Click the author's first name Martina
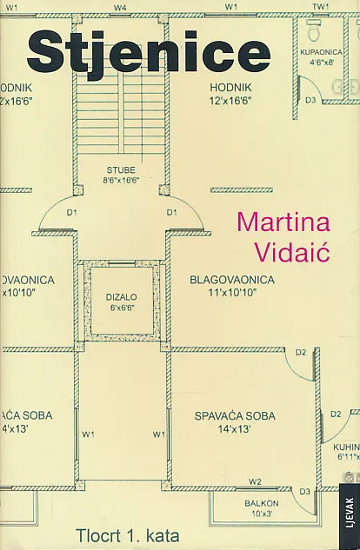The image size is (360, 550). click(x=283, y=222)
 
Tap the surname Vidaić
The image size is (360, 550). click(x=292, y=251)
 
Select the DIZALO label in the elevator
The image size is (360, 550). click(x=122, y=297)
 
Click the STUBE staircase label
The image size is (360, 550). click(x=121, y=170)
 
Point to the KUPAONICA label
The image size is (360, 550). click(x=321, y=52)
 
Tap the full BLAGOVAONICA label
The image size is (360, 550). click(x=232, y=280)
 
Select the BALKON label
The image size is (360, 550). click(x=262, y=503)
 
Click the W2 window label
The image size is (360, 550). click(x=255, y=481)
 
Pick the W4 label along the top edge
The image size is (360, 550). click(x=120, y=7)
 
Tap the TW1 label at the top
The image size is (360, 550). click(x=320, y=7)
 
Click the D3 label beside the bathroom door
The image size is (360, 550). click(x=310, y=100)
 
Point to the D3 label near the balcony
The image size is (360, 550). click(x=305, y=492)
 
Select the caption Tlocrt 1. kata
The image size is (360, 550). click(x=128, y=535)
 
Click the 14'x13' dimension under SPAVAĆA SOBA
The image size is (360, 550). click(x=234, y=428)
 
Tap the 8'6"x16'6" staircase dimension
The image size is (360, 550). click(x=121, y=181)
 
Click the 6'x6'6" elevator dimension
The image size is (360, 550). click(x=122, y=308)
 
